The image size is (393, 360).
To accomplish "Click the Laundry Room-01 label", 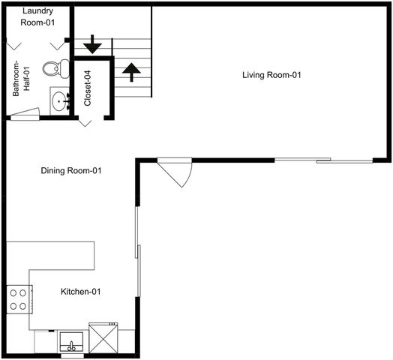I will coord(37,16).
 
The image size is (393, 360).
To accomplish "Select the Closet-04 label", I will coord(88,88).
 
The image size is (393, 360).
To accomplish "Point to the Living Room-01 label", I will coord(271,75).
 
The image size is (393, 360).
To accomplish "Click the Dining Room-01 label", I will coord(71,171).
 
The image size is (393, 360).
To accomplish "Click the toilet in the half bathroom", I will coord(52,70).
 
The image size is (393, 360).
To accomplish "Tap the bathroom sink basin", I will coord(59,101).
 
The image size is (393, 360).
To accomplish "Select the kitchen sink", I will coord(72,342).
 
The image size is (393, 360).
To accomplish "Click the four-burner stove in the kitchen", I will coord(19,299).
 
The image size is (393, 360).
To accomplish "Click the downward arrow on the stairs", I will coord(92,45).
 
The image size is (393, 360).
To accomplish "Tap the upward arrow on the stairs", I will coord(131,70).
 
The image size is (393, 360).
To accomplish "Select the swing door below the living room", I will coord(177,172).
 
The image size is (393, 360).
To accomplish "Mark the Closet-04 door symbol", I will coord(87,122).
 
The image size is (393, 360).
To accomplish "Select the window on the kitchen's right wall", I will coord(136,232).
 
